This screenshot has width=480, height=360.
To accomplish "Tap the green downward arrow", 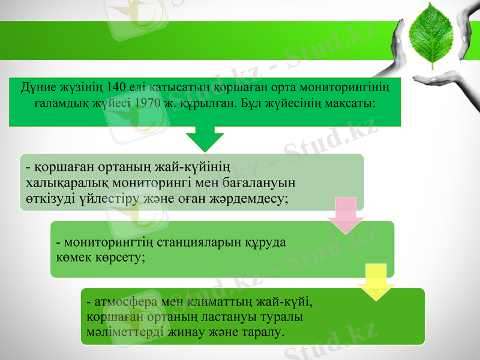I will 205,138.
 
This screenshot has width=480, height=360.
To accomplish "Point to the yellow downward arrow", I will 376,282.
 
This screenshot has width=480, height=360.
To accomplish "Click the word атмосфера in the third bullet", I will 121,300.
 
